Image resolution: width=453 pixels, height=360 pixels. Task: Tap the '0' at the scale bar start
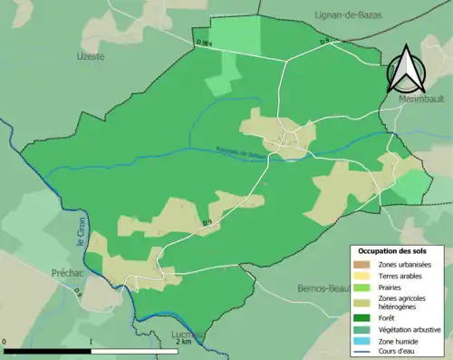tap(5, 342)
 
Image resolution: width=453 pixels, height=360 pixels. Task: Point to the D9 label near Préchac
tap(78, 292)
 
